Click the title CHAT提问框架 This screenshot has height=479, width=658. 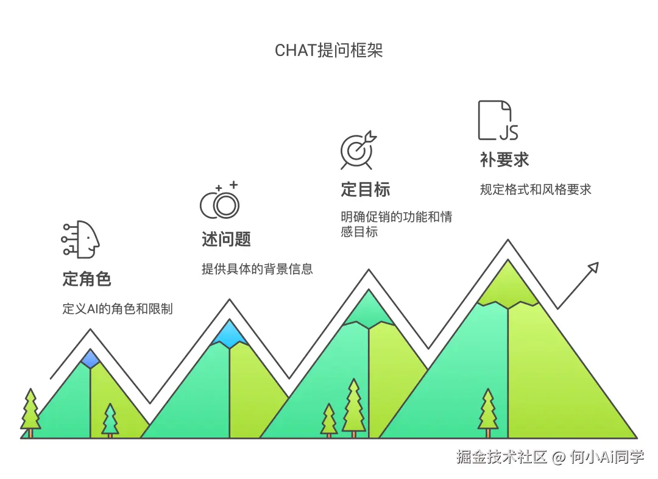click(x=328, y=51)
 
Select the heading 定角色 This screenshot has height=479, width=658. click(x=87, y=279)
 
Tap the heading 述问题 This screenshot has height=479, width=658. click(x=226, y=239)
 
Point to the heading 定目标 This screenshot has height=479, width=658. click(x=365, y=190)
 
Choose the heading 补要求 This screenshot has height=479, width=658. click(x=504, y=160)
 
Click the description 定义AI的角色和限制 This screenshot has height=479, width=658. click(x=118, y=309)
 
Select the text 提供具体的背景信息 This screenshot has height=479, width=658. click(x=257, y=269)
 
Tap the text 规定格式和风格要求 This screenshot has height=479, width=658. click(x=536, y=189)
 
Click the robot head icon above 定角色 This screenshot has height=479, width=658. click(x=81, y=238)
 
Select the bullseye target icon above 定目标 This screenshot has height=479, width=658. click(x=358, y=151)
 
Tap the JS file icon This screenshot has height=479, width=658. click(x=498, y=121)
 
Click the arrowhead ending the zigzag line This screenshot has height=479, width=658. click(x=592, y=268)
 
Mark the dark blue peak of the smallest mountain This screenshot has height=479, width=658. click(x=90, y=358)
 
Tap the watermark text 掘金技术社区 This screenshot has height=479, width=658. click(x=501, y=457)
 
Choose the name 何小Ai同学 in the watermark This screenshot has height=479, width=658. click(x=606, y=457)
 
